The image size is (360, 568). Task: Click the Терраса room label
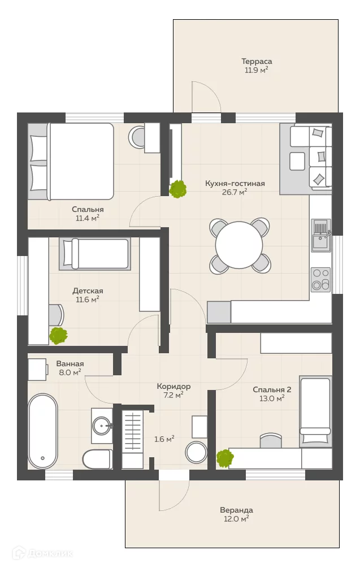coord(257,62)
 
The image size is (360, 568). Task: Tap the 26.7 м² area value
coord(235,192)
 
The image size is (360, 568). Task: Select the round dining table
coord(239,245)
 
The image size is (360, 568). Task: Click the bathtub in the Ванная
coord(43,431)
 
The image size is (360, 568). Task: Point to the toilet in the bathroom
coord(97,459)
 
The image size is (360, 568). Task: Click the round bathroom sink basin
coord(102,426)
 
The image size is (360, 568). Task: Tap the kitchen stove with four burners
coord(321,280)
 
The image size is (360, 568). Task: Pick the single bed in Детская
coord(95,254)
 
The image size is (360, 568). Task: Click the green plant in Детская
coord(58,336)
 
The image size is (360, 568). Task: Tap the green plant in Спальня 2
coord(225,458)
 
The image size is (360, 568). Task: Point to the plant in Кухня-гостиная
coord(178,189)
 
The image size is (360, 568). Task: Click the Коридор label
coord(174,387)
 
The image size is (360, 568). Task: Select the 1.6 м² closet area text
coord(164,439)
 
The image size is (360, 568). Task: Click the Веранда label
coord(236,510)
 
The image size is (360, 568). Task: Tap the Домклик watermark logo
coord(42,553)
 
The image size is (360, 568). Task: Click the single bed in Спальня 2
coord(315,411)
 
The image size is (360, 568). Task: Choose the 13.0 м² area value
coord(272,398)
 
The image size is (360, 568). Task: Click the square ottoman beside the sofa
coord(297,161)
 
